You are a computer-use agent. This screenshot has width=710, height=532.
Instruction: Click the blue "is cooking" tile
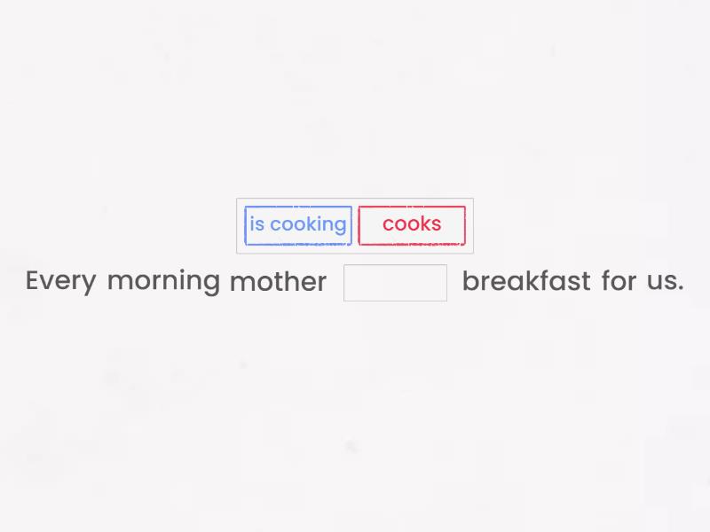tap(298, 225)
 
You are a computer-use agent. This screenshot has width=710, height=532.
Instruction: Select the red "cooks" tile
tap(412, 225)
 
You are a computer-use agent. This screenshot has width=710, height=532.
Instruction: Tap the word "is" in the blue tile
tap(256, 224)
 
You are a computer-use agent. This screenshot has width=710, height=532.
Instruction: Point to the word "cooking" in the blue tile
tap(308, 225)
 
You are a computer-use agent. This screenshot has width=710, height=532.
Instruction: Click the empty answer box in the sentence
tap(395, 283)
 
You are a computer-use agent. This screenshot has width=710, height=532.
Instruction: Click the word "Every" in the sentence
tap(60, 281)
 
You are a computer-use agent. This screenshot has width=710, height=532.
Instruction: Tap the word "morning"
tap(163, 282)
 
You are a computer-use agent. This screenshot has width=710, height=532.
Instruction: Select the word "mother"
tap(278, 282)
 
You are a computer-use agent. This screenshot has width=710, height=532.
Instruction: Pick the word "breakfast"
tap(525, 281)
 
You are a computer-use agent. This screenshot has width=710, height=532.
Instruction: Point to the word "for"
tap(619, 281)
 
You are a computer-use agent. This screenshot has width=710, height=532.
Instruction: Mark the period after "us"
tap(680, 289)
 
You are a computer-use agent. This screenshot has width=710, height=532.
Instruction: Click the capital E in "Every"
tap(33, 281)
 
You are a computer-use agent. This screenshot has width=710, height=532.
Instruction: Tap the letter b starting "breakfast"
tap(469, 281)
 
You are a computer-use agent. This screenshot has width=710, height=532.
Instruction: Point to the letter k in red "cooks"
tap(424, 224)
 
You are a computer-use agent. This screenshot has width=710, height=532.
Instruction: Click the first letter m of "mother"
tap(240, 283)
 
